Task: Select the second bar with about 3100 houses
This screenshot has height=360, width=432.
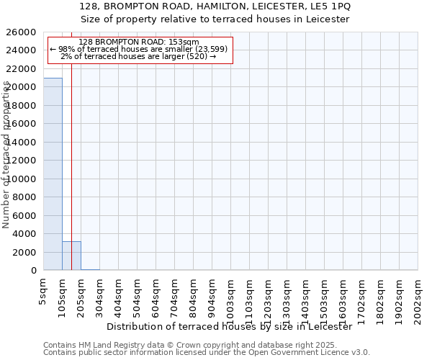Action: [71, 256]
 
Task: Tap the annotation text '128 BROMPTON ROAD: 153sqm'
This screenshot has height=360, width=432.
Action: [138, 42]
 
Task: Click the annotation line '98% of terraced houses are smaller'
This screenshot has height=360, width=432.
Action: [138, 49]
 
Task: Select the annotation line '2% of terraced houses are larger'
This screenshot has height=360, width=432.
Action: [138, 56]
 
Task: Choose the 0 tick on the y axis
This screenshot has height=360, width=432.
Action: [34, 271]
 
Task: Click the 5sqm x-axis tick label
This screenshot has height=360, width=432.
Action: [43, 292]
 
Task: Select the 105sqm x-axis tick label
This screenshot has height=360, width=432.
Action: [62, 295]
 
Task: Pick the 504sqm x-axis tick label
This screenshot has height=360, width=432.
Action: [137, 295]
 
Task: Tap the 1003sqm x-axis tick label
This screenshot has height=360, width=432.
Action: [230, 298]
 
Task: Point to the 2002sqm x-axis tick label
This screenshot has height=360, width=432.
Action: [418, 298]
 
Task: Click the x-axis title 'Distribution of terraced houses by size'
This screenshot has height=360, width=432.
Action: [234, 327]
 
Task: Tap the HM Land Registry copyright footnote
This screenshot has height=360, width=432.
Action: [206, 345]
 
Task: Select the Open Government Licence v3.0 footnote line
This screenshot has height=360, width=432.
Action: [206, 353]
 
